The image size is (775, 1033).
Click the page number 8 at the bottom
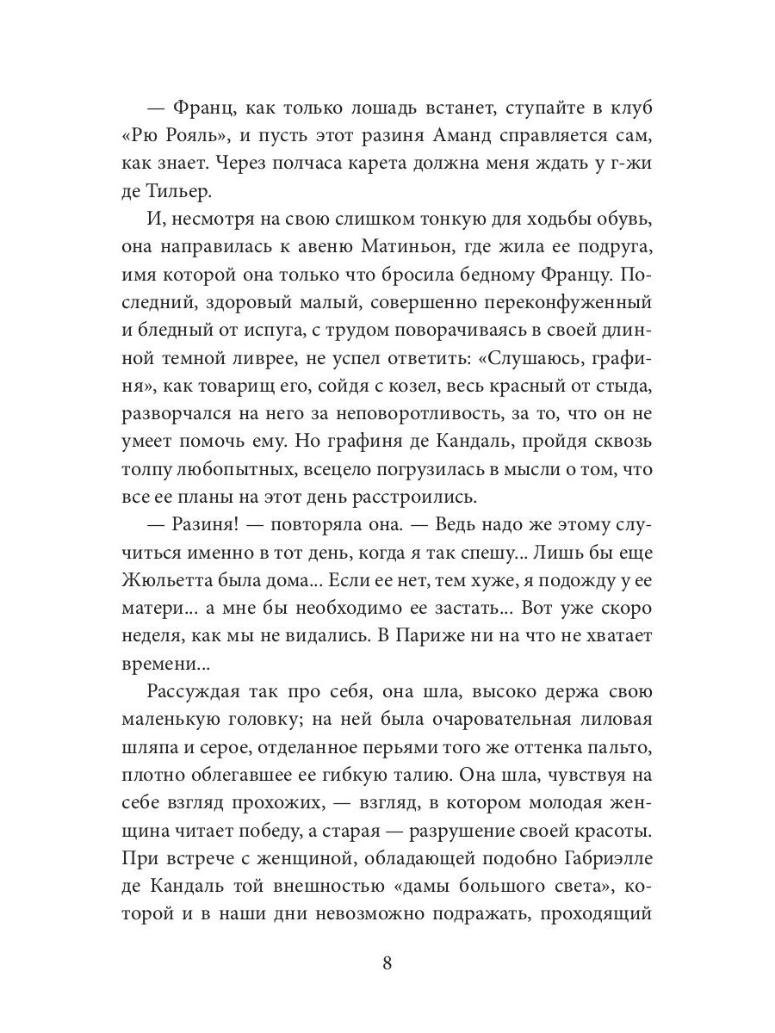(x=387, y=962)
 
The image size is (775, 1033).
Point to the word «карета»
(x=371, y=163)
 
